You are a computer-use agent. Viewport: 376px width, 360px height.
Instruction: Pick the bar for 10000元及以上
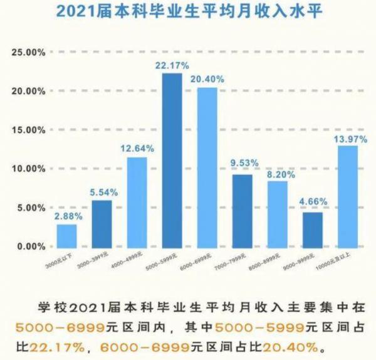click(x=348, y=196)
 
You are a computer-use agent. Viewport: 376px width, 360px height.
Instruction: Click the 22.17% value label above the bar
click(x=171, y=65)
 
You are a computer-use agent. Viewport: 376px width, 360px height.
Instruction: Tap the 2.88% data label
click(x=67, y=216)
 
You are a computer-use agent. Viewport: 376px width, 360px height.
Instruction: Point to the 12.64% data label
click(x=137, y=148)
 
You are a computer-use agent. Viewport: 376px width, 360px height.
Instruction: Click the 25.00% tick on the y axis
click(x=28, y=53)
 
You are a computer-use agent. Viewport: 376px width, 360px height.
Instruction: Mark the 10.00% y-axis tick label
click(x=28, y=169)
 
